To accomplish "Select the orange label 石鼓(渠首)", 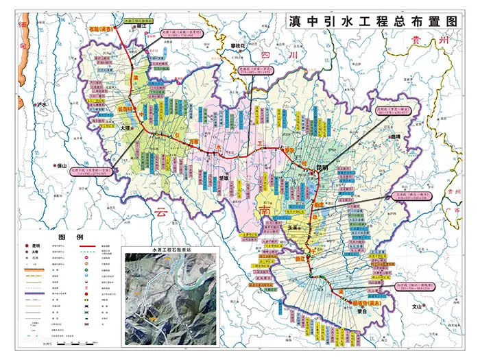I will (x=99, y=29).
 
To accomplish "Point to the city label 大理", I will (x=124, y=128).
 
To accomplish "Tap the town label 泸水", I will (x=43, y=105).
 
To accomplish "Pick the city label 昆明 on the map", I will (x=322, y=167).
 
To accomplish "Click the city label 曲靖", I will (x=395, y=136).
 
